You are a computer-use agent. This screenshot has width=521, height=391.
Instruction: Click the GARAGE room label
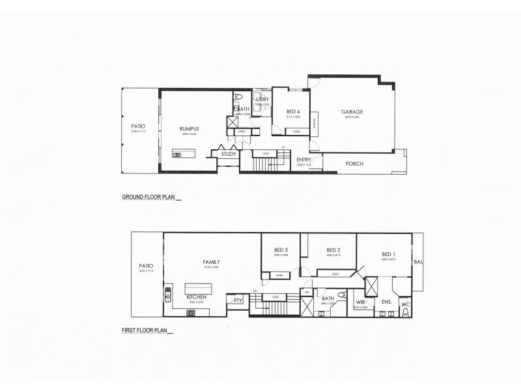coord(352,111)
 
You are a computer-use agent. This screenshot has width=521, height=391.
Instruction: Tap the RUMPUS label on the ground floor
coord(189,129)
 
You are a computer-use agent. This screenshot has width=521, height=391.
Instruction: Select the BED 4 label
coord(294,111)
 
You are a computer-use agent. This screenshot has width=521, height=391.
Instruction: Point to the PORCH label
coord(354,164)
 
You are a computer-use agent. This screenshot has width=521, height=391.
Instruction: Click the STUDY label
coord(229,154)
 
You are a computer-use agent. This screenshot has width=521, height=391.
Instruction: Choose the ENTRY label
coord(303,160)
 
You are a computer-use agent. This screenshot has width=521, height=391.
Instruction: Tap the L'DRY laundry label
coord(262,99)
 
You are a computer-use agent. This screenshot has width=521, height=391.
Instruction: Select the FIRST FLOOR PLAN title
coord(145,330)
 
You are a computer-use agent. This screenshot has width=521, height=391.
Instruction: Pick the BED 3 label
coord(281,250)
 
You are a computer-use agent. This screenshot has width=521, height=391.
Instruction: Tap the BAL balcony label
coord(417,262)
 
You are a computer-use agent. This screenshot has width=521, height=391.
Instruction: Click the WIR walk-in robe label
coord(360,302)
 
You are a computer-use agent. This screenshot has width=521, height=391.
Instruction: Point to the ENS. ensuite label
coord(386,302)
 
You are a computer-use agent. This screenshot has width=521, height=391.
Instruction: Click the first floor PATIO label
coord(146,266)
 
